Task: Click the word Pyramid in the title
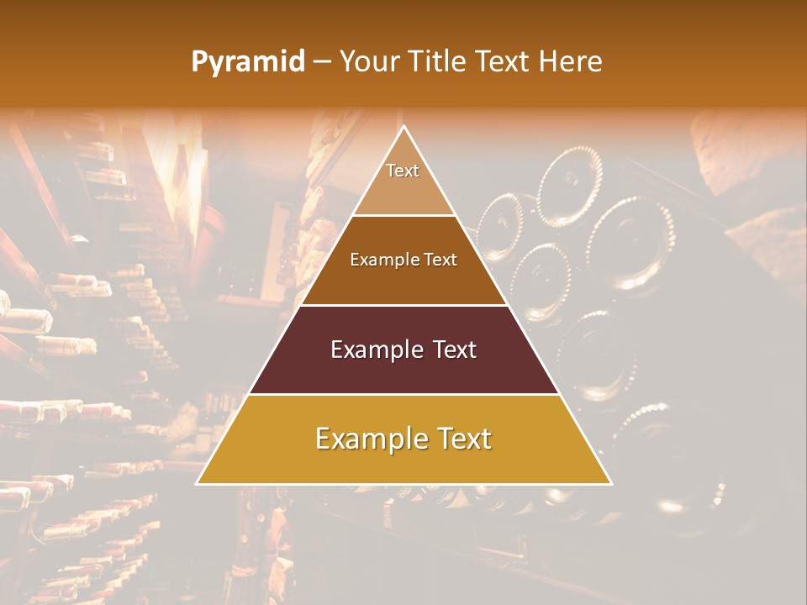coord(248,61)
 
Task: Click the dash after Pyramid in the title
coord(322,61)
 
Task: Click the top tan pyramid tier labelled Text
coord(403,189)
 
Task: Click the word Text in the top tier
coord(403,171)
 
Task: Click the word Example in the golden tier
coord(368,439)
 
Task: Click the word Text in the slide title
coord(504,61)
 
